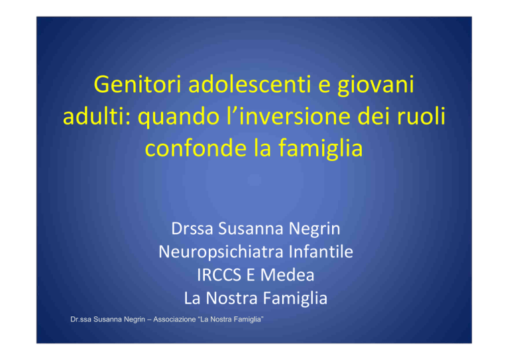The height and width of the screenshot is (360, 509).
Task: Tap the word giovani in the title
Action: (376, 86)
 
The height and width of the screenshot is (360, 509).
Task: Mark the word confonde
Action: (196, 148)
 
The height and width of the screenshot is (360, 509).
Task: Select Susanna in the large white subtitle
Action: (251, 229)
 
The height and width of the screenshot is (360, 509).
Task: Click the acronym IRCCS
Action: (219, 275)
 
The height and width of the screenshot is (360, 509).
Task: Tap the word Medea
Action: (287, 275)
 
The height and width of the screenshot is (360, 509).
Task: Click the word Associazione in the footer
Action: (174, 320)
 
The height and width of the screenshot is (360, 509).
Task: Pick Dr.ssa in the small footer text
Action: (81, 320)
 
